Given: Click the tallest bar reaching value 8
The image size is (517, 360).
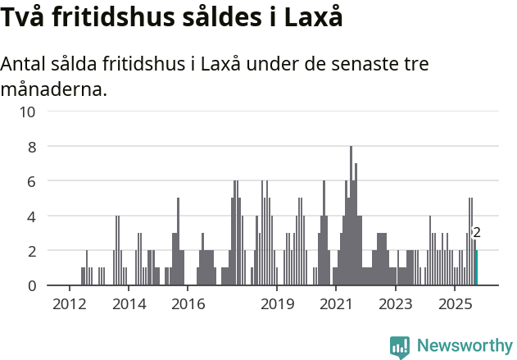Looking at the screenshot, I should pyautogui.click(x=351, y=216).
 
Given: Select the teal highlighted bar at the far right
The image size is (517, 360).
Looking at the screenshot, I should pyautogui.click(x=476, y=268).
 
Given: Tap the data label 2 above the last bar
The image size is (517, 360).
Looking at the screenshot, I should pyautogui.click(x=477, y=233).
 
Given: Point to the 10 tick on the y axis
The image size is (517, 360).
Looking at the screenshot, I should pyautogui.click(x=27, y=112).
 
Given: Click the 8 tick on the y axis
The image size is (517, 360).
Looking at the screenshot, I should pyautogui.click(x=31, y=147).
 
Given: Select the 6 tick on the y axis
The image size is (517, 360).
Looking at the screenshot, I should pyautogui.click(x=31, y=181).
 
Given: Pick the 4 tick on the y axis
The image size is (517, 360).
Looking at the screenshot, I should pyautogui.click(x=31, y=216).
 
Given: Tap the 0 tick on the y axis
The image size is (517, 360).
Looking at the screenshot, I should pyautogui.click(x=31, y=285).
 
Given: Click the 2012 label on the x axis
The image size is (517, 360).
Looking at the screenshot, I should pyautogui.click(x=69, y=305).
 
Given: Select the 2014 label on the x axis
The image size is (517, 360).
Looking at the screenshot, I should pyautogui.click(x=129, y=305).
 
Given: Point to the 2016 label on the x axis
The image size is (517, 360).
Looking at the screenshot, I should pyautogui.click(x=188, y=305).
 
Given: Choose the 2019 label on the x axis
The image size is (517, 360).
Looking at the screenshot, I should pyautogui.click(x=277, y=305).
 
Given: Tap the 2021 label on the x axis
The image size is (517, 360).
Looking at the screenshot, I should pyautogui.click(x=336, y=305).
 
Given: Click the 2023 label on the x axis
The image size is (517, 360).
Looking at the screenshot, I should pyautogui.click(x=396, y=305).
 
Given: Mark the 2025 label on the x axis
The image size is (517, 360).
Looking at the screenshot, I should pyautogui.click(x=455, y=305).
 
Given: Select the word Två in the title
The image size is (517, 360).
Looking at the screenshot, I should pyautogui.click(x=25, y=18).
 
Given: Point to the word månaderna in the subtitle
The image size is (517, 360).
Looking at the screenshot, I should pyautogui.click(x=54, y=89).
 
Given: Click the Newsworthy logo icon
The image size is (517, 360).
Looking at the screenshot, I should pyautogui.click(x=400, y=346).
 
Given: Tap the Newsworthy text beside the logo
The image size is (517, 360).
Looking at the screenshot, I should pyautogui.click(x=464, y=346).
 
